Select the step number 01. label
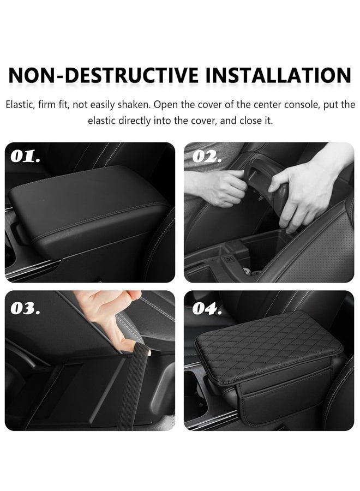[25, 157]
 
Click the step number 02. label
[207, 157]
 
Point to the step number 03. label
[25, 308]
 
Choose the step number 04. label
[207, 309]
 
